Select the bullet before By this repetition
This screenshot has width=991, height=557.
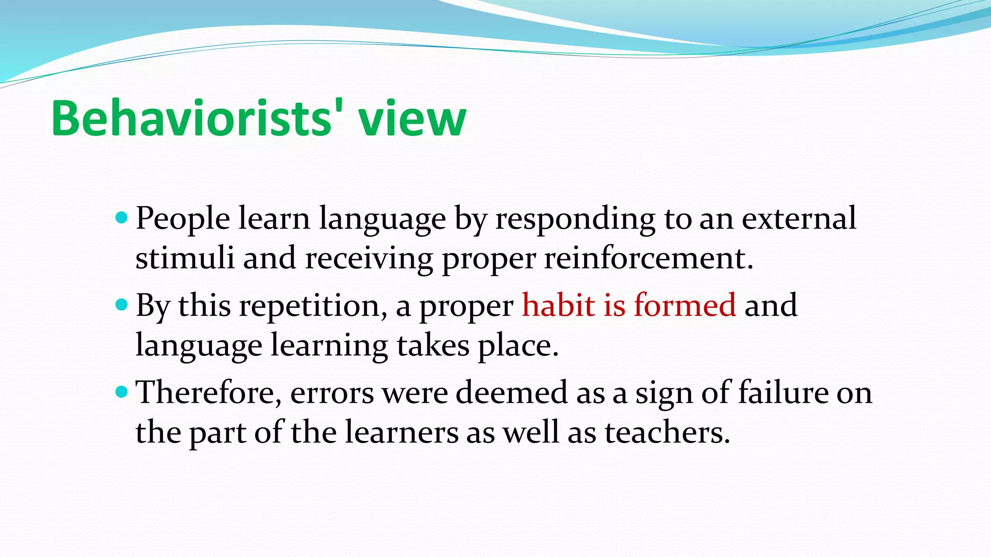click(x=122, y=305)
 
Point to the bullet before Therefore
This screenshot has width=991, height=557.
click(x=122, y=392)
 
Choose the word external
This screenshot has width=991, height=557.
click(x=799, y=218)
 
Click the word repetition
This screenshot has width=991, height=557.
click(x=313, y=306)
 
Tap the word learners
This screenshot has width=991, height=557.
click(x=402, y=432)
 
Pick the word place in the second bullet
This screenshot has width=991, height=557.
click(x=518, y=346)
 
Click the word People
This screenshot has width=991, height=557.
click(x=183, y=219)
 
